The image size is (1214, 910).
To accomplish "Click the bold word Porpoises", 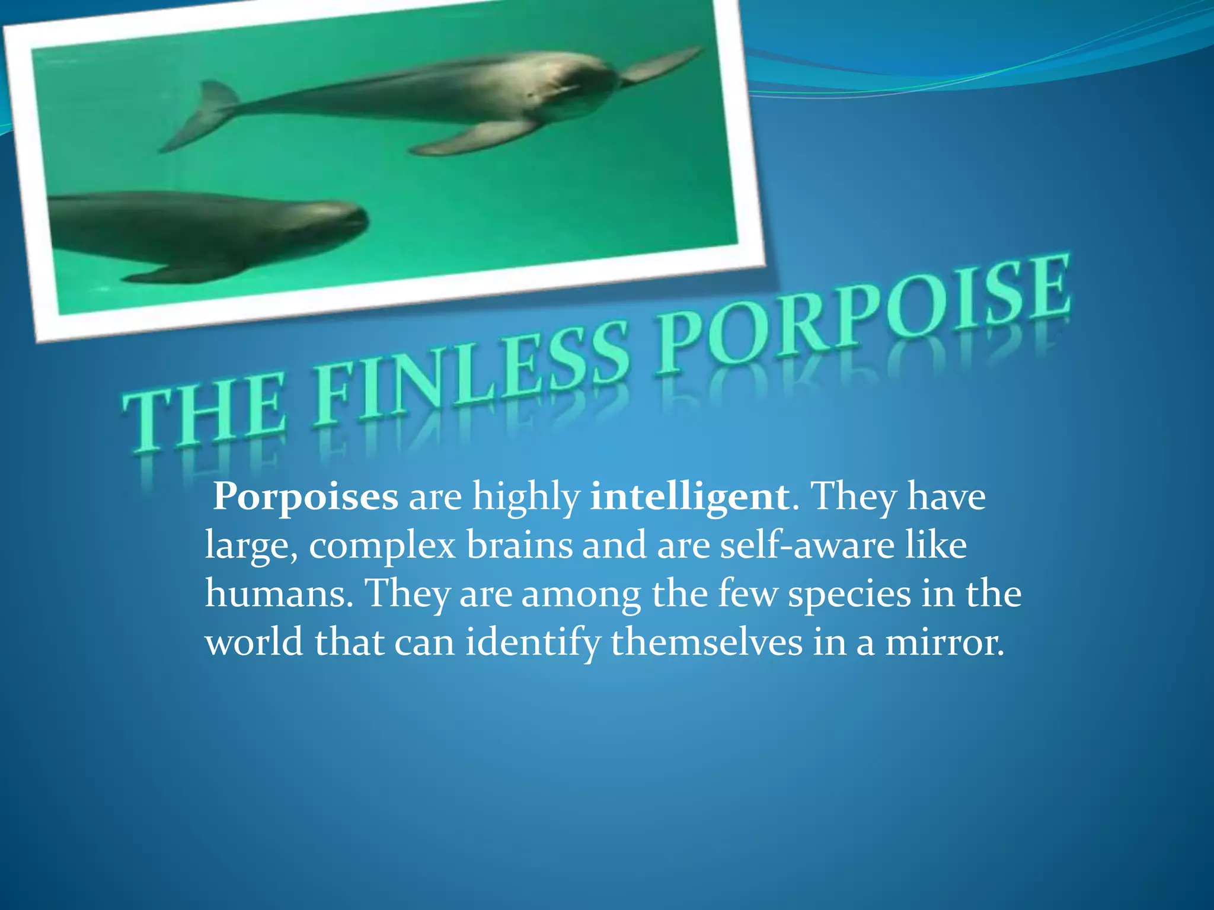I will [x=306, y=496].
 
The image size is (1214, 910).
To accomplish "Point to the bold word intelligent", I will [x=689, y=496].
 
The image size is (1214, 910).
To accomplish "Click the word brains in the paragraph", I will [x=519, y=545].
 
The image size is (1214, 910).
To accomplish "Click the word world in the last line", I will [x=254, y=643].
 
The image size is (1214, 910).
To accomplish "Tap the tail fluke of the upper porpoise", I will [x=202, y=116].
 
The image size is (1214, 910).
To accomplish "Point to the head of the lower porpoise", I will [x=332, y=222].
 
